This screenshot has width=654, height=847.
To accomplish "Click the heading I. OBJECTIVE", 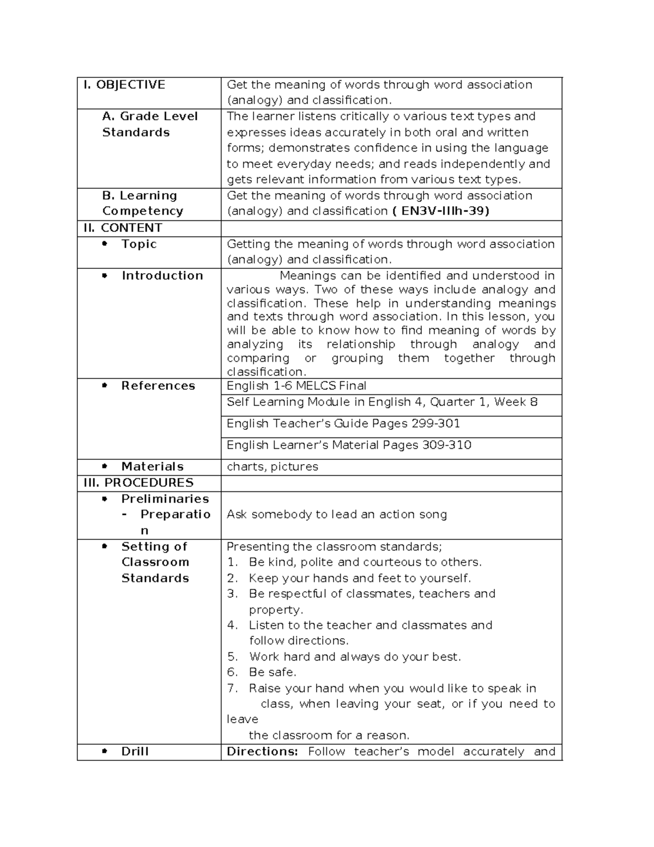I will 124,85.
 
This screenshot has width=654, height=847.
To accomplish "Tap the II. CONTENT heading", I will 123,228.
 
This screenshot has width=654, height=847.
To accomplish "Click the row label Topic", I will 139,244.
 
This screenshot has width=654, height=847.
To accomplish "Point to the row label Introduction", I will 162,275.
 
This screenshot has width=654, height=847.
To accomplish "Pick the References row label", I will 158,386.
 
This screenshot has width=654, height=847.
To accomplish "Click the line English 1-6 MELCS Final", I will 296,386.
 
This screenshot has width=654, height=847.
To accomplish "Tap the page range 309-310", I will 446,445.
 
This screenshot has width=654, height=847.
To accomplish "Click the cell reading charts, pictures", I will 272,467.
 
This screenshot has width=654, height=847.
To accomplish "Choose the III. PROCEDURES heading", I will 138,483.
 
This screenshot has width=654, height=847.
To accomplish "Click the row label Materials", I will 152,467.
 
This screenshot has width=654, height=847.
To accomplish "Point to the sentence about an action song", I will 337,514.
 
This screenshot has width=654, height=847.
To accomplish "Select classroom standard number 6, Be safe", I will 272,672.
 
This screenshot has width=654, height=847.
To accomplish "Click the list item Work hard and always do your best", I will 355,657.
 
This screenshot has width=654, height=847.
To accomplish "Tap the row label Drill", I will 135,752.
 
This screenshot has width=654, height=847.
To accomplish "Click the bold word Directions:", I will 262,752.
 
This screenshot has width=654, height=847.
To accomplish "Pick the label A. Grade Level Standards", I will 150,124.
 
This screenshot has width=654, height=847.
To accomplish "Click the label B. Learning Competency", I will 143,203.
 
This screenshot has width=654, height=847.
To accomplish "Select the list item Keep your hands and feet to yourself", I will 360,578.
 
